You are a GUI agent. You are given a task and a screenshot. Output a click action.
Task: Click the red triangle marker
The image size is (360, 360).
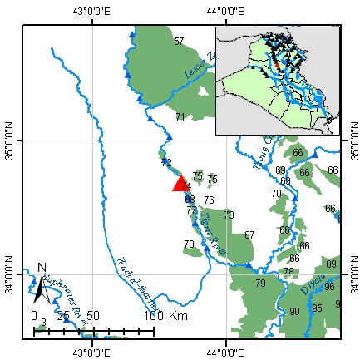180,184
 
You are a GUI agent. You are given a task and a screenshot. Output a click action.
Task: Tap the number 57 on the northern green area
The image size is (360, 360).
178,42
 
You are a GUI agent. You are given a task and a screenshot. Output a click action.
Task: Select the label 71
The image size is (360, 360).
180,117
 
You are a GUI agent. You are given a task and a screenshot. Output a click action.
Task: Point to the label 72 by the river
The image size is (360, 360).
166,163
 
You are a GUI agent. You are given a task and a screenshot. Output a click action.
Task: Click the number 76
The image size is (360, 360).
209,200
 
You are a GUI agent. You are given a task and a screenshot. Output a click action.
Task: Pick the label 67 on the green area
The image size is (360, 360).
249,235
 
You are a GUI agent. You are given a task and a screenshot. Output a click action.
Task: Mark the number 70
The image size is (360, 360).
275,194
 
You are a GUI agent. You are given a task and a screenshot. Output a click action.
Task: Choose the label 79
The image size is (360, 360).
260,284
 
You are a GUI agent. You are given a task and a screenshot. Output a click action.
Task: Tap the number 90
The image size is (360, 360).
294,312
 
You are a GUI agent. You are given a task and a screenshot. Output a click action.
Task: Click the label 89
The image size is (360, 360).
331,264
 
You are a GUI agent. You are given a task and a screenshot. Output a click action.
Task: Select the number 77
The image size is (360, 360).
191,210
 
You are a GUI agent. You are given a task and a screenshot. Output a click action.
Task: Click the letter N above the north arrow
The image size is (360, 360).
42,268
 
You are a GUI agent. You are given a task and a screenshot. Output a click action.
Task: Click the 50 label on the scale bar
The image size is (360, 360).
93,317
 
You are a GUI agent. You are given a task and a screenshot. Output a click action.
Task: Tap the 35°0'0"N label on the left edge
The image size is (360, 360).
12,141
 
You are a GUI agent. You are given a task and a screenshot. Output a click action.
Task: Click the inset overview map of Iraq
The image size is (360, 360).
278,80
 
